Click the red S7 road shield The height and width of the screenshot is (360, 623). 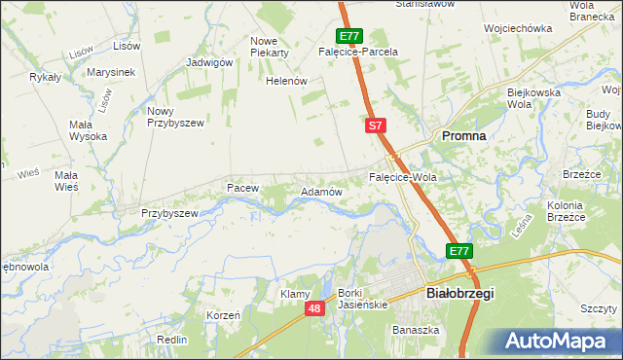pos(377,126)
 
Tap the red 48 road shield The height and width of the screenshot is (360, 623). pos(313,308)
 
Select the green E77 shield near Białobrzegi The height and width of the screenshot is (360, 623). pos(459,251)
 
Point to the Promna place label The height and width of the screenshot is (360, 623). pos(464,136)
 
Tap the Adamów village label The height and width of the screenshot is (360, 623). pos(321,193)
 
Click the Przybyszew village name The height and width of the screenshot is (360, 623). pos(169,213)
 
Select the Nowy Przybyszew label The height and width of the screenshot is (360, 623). pos(173,117)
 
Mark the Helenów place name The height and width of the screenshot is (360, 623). pos(287,81)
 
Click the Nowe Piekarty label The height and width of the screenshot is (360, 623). pos(270,47)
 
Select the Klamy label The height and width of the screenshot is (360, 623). pos(295,294)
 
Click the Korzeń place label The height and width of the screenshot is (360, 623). pos(223,316)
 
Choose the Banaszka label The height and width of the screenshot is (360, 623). pos(416,330)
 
